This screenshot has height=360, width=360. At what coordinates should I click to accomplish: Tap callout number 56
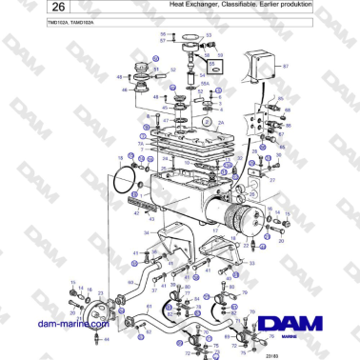[163, 35]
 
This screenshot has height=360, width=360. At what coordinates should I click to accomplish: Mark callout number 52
[173, 69]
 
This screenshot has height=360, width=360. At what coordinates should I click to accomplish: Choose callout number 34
[148, 231]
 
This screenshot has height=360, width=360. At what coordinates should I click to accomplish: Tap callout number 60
[130, 282]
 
